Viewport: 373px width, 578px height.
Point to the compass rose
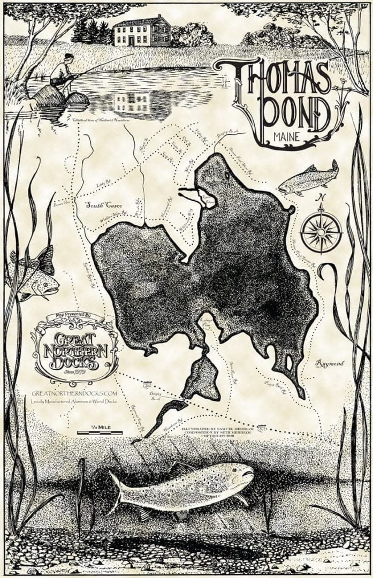321,231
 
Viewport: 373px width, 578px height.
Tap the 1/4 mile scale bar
100,431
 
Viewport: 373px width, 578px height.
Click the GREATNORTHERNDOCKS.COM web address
74,393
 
